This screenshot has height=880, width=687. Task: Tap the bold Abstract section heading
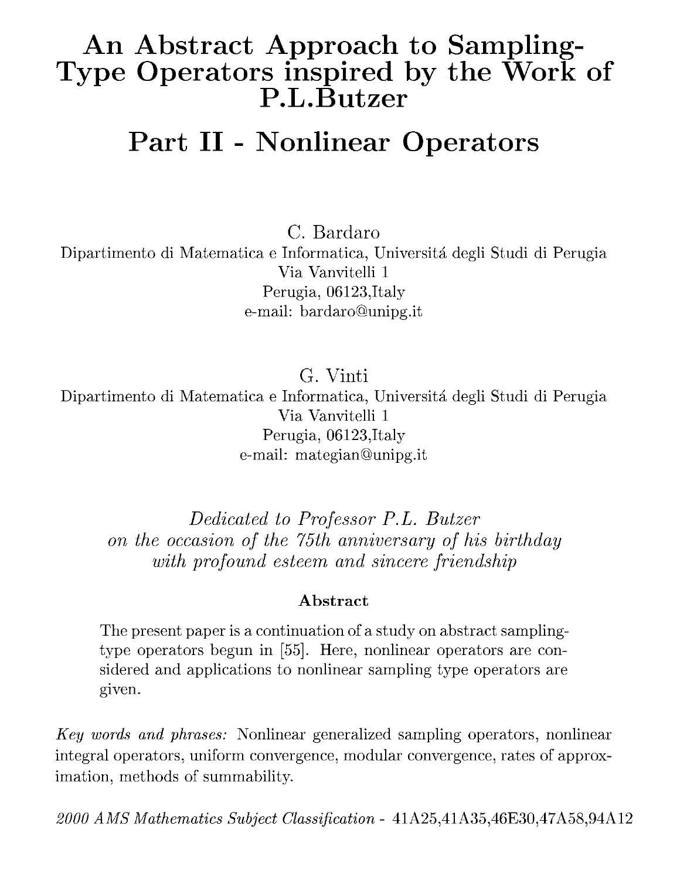[334, 601]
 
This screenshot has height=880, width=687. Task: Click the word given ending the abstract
[119, 690]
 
